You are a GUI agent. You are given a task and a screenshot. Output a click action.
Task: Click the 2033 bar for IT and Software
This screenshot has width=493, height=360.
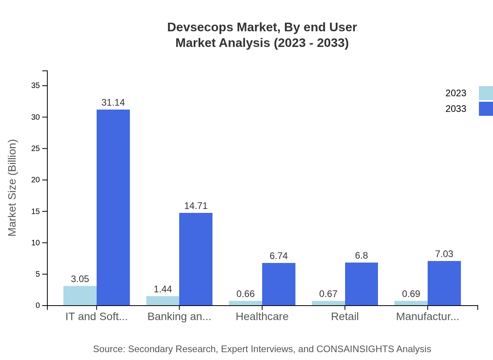tap(113, 207)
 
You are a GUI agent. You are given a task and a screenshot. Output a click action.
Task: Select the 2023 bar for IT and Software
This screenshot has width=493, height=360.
tap(80, 296)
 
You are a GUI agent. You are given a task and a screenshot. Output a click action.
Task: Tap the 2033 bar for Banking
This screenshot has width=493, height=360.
tap(196, 259)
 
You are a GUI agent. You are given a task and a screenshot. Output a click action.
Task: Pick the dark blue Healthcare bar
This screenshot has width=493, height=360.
tap(279, 284)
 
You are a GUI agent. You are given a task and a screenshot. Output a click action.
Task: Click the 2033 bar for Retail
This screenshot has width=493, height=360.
tap(362, 284)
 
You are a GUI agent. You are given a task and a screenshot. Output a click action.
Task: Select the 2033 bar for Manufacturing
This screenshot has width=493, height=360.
tap(444, 283)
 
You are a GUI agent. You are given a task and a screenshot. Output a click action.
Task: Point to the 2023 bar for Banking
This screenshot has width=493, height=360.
tap(163, 301)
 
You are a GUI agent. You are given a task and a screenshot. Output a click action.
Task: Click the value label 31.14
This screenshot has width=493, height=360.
tap(113, 103)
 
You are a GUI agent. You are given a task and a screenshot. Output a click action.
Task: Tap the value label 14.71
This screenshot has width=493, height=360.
tap(196, 206)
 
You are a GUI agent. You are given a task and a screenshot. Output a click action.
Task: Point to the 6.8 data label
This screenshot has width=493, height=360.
tap(362, 256)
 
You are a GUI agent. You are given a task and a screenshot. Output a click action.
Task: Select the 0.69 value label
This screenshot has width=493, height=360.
tap(411, 294)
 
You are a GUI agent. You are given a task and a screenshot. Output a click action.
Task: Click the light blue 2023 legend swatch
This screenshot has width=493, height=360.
tap(486, 93)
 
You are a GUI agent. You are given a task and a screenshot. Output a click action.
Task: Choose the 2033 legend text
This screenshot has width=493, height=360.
tap(456, 109)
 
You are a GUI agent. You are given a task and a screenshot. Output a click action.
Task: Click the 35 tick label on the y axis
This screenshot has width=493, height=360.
tap(36, 86)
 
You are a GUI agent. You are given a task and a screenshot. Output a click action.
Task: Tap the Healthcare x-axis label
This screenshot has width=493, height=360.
tap(262, 317)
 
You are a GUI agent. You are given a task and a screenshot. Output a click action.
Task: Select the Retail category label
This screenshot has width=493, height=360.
tap(345, 317)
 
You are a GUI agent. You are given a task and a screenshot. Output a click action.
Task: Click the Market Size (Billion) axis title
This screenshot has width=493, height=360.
tap(13, 188)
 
